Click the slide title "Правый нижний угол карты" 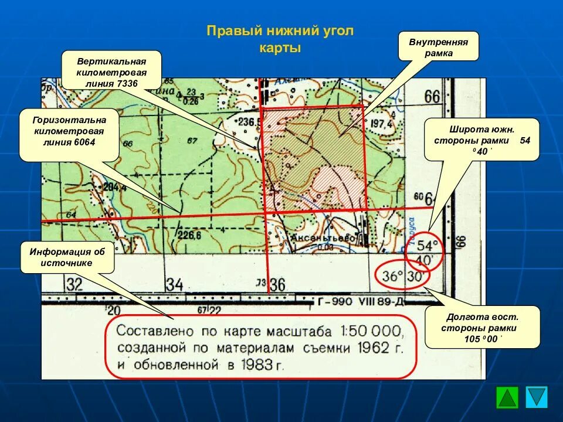(x=280, y=39)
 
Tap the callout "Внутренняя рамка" (x=438, y=47)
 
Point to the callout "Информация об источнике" (x=67, y=257)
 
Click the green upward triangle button (x=507, y=397)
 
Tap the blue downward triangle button (x=537, y=397)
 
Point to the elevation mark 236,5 (x=249, y=122)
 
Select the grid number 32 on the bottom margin (x=74, y=285)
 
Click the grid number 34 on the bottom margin (x=174, y=285)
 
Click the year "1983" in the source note (x=255, y=365)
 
